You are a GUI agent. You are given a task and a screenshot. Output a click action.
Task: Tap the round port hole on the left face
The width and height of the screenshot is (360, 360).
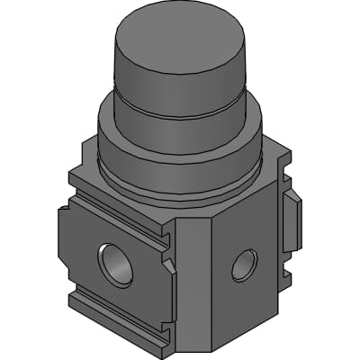114,265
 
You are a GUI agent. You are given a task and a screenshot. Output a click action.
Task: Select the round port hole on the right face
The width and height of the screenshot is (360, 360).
244,265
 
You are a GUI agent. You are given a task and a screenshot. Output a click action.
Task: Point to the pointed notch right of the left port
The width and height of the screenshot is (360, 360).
167,265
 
